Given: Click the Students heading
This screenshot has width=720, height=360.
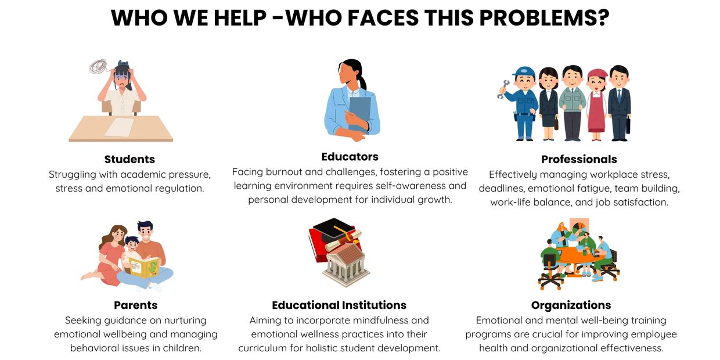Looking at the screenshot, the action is coord(129,160).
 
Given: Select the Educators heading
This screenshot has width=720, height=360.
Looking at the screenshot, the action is coord(350,157).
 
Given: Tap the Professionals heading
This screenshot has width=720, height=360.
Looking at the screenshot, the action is coord(579,160).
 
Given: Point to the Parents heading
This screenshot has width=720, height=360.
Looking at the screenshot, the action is coord(136,305).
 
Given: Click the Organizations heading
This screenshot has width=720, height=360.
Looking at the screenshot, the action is coord(571,305).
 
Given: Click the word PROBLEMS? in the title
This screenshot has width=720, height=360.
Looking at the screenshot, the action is coord(544,17).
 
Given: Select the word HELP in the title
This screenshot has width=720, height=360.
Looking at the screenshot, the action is coord(240,17).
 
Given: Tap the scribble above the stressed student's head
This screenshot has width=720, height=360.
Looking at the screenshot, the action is coord(98,67).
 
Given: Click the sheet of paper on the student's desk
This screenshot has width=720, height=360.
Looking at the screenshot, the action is coord(119,127).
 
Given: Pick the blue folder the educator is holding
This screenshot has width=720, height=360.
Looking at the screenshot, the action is coord(359,113).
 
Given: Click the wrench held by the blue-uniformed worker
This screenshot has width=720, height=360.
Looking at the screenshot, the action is coord(503,89).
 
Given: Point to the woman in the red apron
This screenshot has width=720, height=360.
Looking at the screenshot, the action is coord(596,105).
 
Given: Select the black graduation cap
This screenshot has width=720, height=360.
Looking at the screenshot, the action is coord(334,229).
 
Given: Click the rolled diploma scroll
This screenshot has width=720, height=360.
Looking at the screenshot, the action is coord(343,241).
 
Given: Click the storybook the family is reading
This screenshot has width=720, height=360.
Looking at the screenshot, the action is coord(144,267).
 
